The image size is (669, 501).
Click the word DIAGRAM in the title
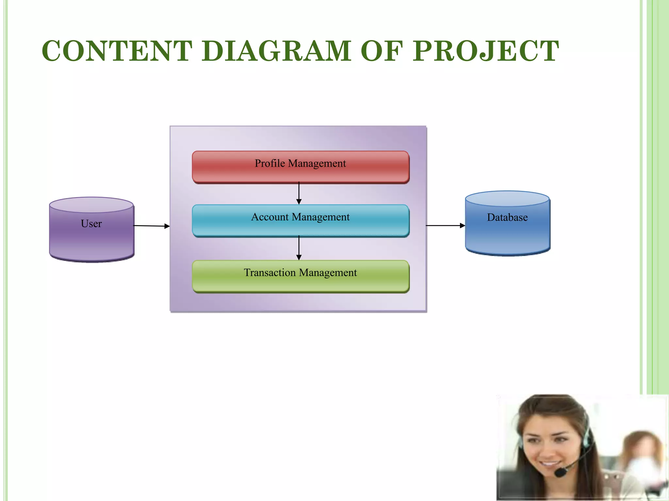(276, 51)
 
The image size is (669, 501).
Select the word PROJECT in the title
(486, 51)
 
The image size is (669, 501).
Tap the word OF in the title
(382, 51)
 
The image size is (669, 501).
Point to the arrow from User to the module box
(152, 226)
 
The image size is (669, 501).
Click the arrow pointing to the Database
(446, 225)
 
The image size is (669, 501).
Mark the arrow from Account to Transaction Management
(299, 248)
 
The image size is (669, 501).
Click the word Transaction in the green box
(269, 272)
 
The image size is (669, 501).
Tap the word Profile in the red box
(270, 163)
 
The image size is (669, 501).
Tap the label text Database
(507, 217)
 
